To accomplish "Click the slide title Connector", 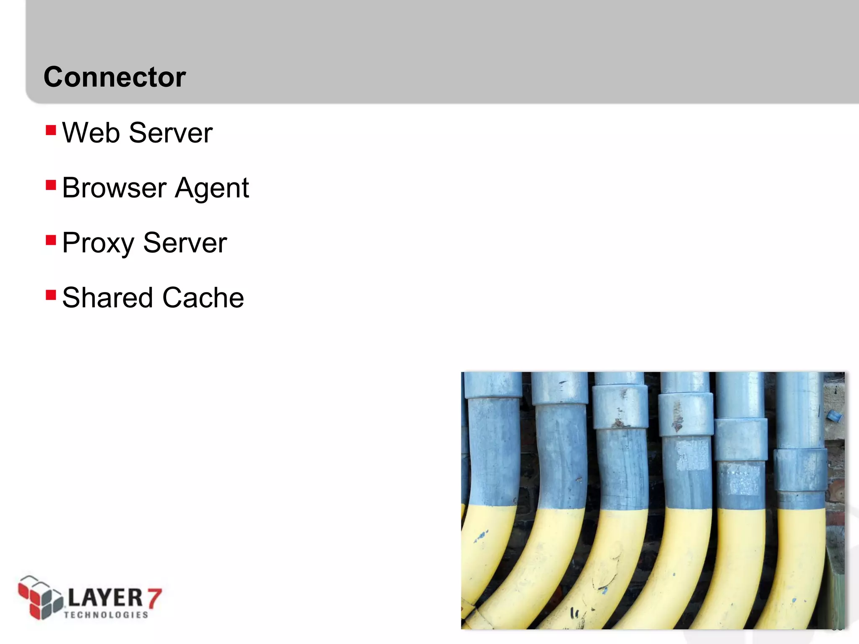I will [115, 77].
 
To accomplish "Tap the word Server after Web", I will [171, 133].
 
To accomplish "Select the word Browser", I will [115, 188].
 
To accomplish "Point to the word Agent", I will [212, 189].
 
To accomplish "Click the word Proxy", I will [98, 243].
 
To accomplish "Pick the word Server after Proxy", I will [185, 243].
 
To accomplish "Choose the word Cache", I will [203, 298].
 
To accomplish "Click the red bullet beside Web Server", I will [51, 130].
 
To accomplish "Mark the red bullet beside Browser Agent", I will [51, 185].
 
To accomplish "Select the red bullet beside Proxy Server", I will [51, 240].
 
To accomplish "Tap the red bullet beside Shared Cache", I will [51, 295].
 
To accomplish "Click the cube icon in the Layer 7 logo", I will [40, 597].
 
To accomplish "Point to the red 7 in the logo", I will [154, 598].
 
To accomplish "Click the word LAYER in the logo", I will [105, 597].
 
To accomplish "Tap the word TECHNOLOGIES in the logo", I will [106, 615].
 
